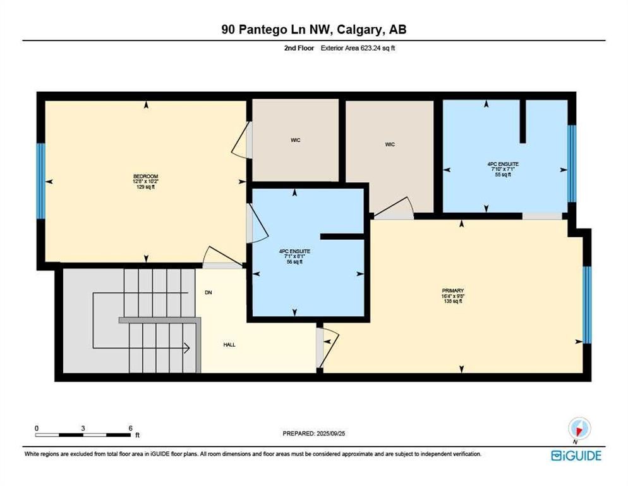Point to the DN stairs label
point(208,292)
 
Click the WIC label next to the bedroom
point(295,140)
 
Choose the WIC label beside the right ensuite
point(390,144)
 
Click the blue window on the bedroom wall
point(41,181)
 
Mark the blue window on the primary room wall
point(586,304)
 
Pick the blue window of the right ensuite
point(572,163)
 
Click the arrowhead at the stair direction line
point(187,347)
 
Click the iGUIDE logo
point(576,455)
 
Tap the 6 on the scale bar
point(130,428)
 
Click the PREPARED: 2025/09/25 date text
point(314,433)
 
